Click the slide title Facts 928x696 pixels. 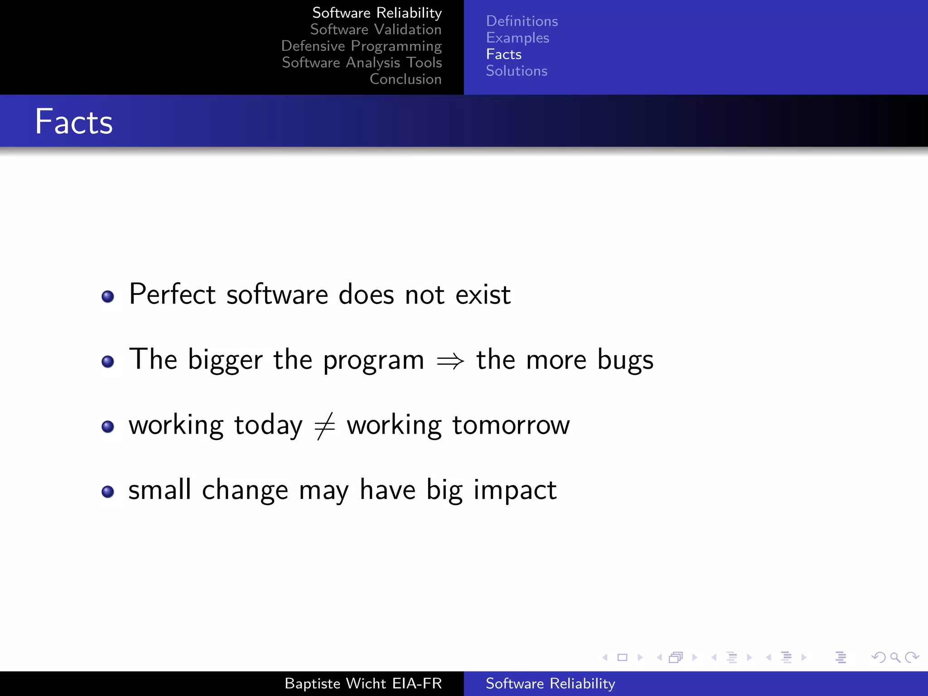tap(74, 122)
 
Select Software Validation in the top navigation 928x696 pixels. tap(376, 29)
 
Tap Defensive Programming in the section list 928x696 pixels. tap(361, 46)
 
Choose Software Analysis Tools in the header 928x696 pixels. tap(362, 63)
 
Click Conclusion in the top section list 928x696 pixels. tap(405, 79)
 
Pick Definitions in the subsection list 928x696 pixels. tap(522, 21)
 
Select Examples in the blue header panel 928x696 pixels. tap(517, 38)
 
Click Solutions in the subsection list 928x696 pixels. tap(516, 71)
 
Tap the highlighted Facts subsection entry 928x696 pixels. tap(503, 54)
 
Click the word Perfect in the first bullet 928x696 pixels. tap(172, 294)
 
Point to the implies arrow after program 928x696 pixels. tap(450, 361)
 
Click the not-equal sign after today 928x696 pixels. tap(324, 426)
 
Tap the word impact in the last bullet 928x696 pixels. tap(515, 491)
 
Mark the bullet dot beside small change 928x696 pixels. tap(108, 492)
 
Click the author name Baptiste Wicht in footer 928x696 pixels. tap(336, 683)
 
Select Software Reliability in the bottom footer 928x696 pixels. tap(550, 683)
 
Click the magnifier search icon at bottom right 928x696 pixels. tap(894, 657)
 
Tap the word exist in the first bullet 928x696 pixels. tap(483, 295)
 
